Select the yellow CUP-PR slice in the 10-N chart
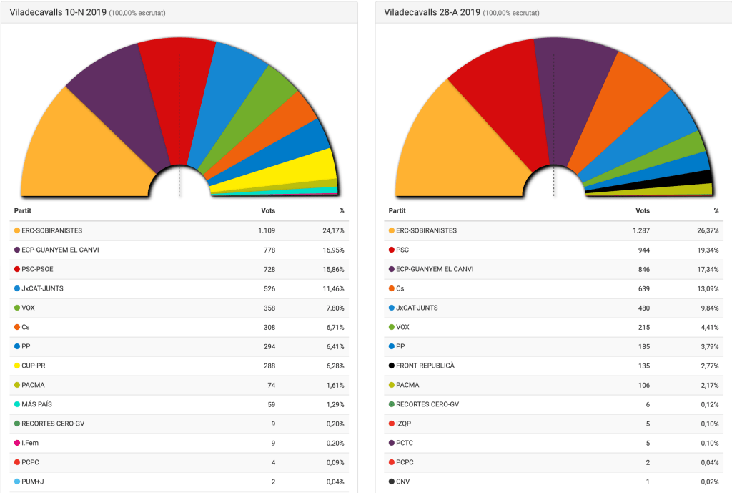300,168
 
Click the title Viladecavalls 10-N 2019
57,12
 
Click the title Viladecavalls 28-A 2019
432,12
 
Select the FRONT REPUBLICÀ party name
425,366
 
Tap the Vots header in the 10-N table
268,211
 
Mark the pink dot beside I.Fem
16,443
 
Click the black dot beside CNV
391,482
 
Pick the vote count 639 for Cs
643,288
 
